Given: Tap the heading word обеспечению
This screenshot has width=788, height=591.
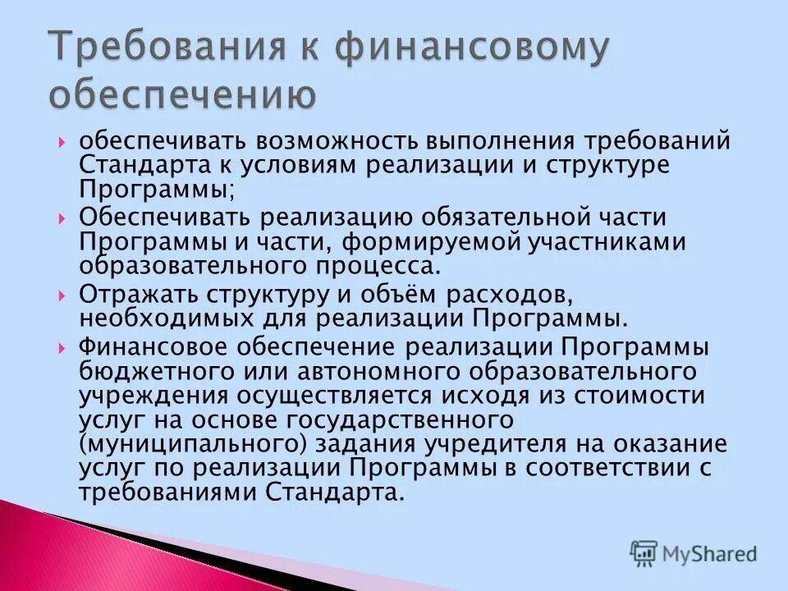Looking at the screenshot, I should point(182,95).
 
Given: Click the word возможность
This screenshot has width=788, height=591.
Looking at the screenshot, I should point(328,141).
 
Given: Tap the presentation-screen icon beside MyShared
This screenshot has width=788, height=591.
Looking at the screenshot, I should point(644,554).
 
